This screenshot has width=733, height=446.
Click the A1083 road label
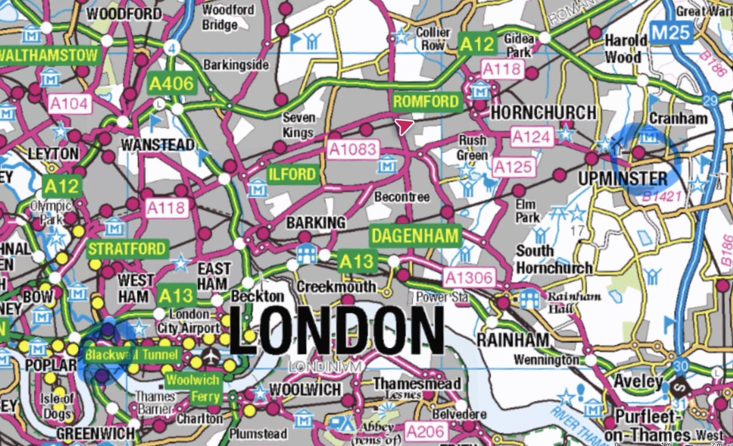point(353,148)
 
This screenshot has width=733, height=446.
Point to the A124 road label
point(531,137)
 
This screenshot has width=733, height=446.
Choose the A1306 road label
point(469,278)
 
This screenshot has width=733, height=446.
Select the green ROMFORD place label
point(426,101)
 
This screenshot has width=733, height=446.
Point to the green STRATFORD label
point(127,249)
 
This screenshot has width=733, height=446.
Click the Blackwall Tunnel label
point(133,355)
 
